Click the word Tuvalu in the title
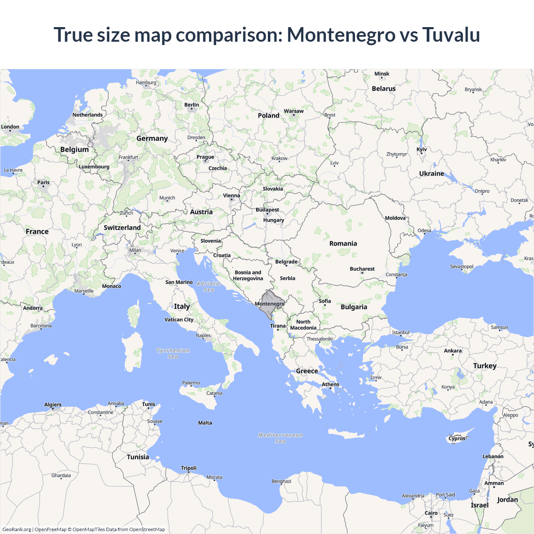point(451,35)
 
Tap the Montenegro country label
point(270,304)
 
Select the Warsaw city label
point(294,111)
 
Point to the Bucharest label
point(362,269)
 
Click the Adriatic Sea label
point(209,287)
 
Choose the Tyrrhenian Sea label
point(173,353)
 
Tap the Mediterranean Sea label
point(280,438)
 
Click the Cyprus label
point(457,438)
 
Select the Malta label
point(205,423)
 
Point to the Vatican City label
point(179,320)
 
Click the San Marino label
point(179,282)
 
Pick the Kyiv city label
point(422,149)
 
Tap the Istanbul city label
point(400,332)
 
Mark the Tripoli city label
point(189,468)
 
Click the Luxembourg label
point(94,166)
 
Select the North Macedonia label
point(303,325)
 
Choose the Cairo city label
point(431,513)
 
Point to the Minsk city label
point(382,74)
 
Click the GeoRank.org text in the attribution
point(17,529)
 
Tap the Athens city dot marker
point(331,388)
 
